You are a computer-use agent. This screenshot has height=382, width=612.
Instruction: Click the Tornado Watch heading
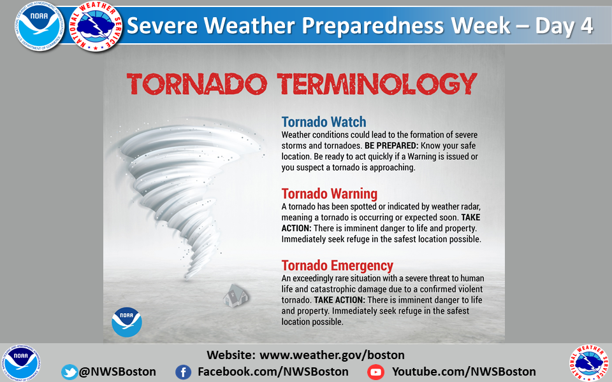tap(324, 122)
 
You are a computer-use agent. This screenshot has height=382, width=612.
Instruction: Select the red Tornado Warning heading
tap(330, 194)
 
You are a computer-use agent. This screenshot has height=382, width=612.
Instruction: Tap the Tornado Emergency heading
tap(337, 265)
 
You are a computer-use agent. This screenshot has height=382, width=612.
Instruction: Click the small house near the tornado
tap(236, 296)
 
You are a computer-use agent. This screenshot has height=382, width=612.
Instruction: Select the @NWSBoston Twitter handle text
tap(117, 372)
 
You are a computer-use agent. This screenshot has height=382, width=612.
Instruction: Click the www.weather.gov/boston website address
tap(331, 355)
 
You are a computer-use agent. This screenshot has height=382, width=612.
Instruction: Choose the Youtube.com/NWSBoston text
tap(463, 372)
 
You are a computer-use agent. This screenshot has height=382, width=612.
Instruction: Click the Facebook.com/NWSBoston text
tap(273, 372)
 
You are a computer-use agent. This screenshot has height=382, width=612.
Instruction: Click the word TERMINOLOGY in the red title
tap(377, 83)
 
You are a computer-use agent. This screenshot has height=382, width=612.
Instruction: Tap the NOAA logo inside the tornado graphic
tap(127, 322)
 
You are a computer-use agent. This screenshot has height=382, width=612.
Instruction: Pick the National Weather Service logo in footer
tap(588, 363)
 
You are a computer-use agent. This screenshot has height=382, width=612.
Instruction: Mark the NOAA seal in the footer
tap(21, 363)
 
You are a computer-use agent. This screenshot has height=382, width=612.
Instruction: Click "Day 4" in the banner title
tap(564, 25)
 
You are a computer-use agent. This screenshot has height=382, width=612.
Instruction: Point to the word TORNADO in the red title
tap(197, 83)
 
